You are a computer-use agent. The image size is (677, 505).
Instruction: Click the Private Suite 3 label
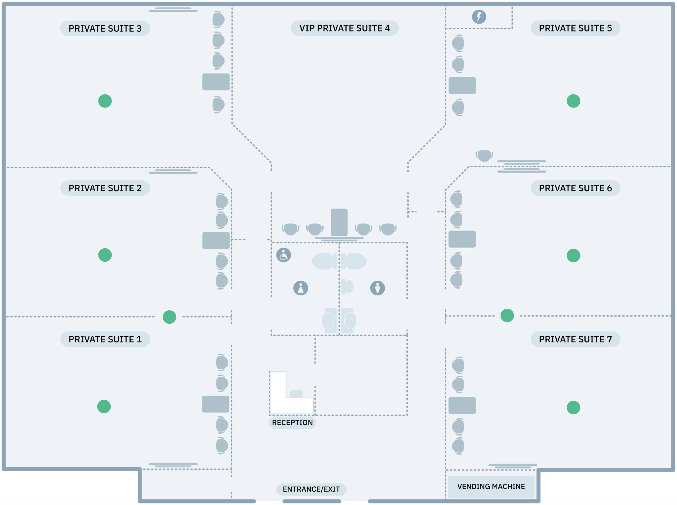tap(105, 29)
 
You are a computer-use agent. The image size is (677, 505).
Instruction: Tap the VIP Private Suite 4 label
tap(344, 28)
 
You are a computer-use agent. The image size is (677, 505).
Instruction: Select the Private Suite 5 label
tap(575, 28)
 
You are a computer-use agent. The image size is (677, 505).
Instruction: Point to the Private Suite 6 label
tap(575, 188)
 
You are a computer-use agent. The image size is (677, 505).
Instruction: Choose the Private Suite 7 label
tap(575, 339)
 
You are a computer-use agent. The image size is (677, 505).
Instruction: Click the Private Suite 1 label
tap(105, 339)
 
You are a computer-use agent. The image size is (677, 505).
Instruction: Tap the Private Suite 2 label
tap(105, 188)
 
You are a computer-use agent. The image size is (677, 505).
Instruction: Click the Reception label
tap(292, 423)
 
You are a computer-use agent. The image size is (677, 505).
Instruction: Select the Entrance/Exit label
tap(311, 489)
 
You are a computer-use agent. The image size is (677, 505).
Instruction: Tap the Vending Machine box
tap(491, 487)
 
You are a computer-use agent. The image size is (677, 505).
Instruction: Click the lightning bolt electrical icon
tap(479, 17)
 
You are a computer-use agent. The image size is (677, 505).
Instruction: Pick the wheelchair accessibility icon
tap(284, 255)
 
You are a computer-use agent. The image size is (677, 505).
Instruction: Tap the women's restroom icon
tap(301, 288)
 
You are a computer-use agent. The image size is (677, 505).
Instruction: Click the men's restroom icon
tap(377, 288)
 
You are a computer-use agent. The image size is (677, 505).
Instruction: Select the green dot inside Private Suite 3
tap(105, 101)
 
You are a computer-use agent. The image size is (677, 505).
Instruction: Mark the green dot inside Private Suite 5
tap(574, 101)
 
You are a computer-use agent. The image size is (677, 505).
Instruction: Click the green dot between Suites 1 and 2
tap(170, 317)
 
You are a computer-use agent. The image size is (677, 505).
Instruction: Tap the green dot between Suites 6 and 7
tap(507, 316)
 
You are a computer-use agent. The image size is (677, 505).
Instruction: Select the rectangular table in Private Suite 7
tap(462, 406)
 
